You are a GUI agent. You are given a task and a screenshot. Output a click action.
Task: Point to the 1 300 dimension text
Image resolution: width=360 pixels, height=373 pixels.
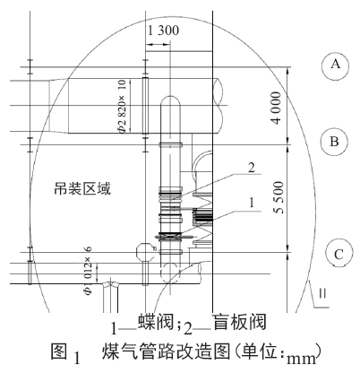162,32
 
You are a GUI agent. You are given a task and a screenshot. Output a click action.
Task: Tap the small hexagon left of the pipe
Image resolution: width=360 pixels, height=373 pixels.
141,250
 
